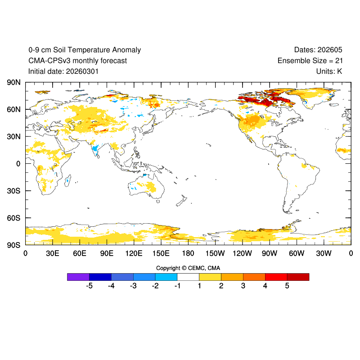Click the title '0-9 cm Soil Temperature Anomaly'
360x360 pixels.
coord(84,50)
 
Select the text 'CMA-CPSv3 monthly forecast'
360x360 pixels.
coord(77,61)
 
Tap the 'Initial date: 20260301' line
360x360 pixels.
coord(63,71)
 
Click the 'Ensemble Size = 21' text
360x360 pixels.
coord(310,61)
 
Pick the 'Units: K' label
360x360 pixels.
coord(329,71)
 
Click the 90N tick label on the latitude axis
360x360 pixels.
coord(13,82)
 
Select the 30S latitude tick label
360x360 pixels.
coord(13,191)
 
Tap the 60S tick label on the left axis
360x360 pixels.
coord(13,218)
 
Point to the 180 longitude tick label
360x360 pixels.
coord(188,254)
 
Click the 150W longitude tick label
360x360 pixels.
coord(215,254)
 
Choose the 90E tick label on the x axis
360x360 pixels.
coord(107,254)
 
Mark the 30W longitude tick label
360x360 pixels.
coord(324,254)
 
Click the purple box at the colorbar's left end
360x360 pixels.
coord(78,277)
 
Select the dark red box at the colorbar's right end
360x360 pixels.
coord(298,277)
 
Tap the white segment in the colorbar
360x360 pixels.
coord(188,277)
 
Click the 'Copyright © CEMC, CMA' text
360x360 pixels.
coord(188,268)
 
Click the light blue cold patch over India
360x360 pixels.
coord(95,148)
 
